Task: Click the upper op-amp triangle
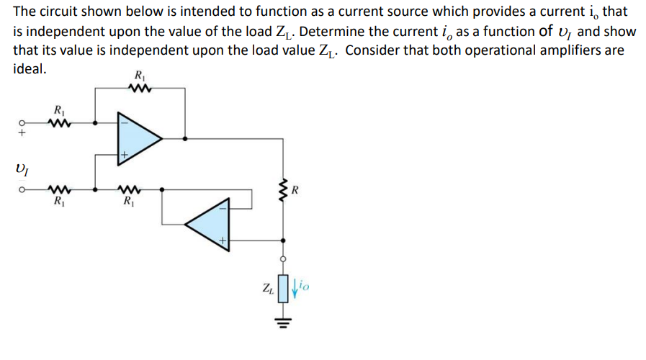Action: click(x=137, y=137)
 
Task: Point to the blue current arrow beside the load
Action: click(x=293, y=290)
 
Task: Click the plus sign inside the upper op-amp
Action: click(x=124, y=155)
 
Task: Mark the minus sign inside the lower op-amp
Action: click(x=223, y=207)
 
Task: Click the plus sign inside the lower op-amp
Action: click(x=223, y=240)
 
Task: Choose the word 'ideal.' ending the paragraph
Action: click(x=30, y=70)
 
